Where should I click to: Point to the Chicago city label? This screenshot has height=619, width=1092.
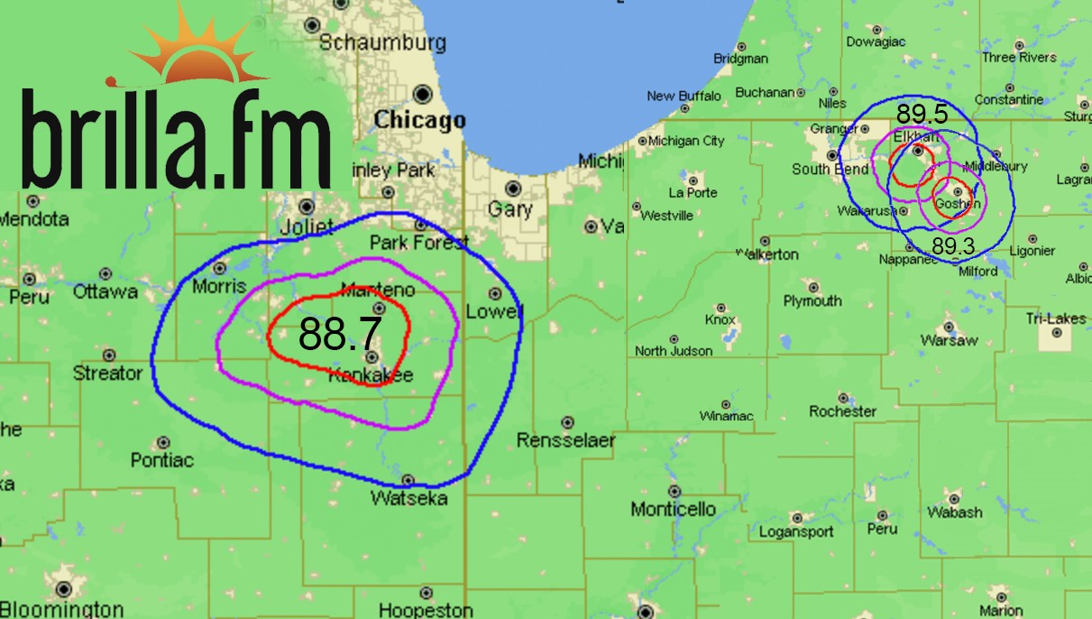(420, 120)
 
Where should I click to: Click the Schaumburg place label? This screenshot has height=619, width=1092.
(382, 42)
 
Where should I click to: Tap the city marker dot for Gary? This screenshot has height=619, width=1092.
(513, 188)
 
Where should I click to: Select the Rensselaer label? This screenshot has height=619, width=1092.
(565, 440)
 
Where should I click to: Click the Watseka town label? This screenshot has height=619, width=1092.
(408, 498)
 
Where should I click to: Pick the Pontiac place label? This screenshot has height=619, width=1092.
(162, 460)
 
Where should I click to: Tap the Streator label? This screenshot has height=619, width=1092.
(107, 374)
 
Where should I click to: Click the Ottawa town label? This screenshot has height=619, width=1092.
(106, 291)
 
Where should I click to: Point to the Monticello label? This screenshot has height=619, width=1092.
(673, 509)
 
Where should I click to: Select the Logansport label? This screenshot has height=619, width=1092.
(796, 531)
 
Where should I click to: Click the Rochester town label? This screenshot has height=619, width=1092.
(842, 411)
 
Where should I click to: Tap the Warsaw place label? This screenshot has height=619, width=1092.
(949, 340)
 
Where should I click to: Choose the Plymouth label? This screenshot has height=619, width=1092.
(812, 300)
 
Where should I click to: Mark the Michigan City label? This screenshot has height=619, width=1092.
(686, 141)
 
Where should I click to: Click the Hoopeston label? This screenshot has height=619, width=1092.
(426, 610)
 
